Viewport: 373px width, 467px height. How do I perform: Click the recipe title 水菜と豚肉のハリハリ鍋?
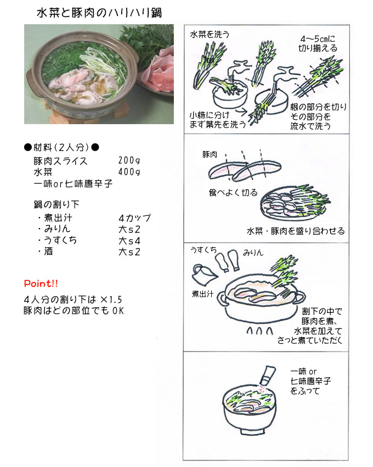(x=99, y=13)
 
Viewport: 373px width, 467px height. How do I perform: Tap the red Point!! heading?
(x=41, y=283)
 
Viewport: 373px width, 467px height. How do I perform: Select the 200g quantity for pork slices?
(x=129, y=160)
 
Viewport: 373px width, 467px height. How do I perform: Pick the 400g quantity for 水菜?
(x=129, y=172)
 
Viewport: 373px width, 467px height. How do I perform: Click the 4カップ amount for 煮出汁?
(x=135, y=218)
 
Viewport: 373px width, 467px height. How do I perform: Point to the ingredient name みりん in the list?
(x=58, y=229)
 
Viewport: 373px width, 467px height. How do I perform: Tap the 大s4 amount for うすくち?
(x=129, y=241)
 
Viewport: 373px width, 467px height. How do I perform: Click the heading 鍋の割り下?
(x=56, y=204)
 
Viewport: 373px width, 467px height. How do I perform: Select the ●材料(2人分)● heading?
(x=61, y=147)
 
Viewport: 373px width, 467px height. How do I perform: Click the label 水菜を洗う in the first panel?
(x=210, y=35)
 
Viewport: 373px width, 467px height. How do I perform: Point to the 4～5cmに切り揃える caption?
(x=318, y=43)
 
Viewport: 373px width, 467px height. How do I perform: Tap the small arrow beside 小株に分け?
(x=243, y=112)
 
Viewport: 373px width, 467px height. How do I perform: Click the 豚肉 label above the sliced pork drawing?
(x=210, y=154)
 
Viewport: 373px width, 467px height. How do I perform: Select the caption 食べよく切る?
(x=233, y=192)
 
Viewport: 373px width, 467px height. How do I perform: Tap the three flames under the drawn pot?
(x=259, y=331)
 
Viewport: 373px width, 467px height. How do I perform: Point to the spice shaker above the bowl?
(x=268, y=376)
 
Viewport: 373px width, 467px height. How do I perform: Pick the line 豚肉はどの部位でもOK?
(x=74, y=310)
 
